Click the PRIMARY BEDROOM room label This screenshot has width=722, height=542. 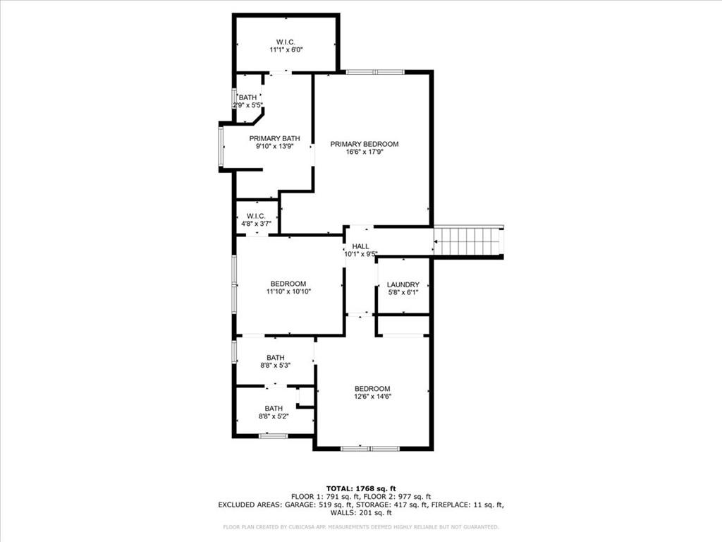click(x=365, y=144)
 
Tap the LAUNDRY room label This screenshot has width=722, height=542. click(x=403, y=285)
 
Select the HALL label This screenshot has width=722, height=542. click(x=360, y=246)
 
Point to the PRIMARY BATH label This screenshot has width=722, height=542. click(x=274, y=138)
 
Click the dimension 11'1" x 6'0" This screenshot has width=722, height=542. click(x=286, y=50)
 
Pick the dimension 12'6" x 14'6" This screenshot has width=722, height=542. click(x=372, y=397)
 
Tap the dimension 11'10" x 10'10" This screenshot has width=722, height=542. click(x=288, y=291)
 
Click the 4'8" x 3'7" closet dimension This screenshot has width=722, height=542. click(x=256, y=224)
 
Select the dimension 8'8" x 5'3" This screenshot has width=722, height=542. click(x=276, y=365)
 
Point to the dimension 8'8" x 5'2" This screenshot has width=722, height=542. click(x=274, y=416)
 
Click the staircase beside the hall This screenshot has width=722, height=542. click(x=468, y=241)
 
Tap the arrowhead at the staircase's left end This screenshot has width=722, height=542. click(x=436, y=241)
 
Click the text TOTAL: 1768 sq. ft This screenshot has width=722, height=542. click(x=361, y=488)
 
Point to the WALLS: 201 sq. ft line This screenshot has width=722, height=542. click(x=361, y=512)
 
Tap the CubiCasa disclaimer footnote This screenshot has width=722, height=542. click(x=360, y=526)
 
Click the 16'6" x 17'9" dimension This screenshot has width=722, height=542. click(x=365, y=152)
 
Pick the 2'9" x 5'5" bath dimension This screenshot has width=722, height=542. click(x=247, y=105)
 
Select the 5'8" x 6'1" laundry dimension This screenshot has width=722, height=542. click(x=403, y=292)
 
